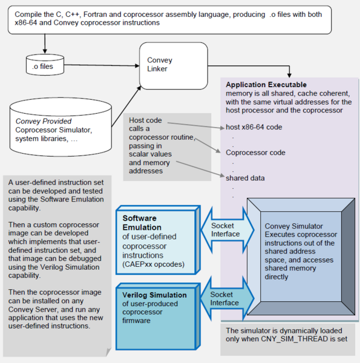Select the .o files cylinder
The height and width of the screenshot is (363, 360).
pos(44,66)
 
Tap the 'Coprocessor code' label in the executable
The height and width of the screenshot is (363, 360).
pos(255,152)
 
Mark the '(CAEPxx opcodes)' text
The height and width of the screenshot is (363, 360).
pos(155,264)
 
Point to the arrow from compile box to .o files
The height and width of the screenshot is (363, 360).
pos(44,44)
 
